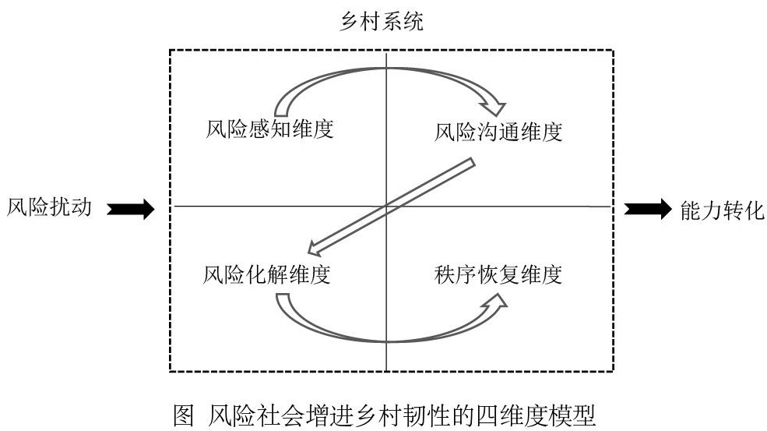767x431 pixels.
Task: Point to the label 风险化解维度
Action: point(267,274)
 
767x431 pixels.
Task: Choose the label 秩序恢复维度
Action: point(498,274)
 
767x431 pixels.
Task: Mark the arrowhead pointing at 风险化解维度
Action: point(315,249)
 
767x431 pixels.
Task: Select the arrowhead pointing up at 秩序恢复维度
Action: point(496,305)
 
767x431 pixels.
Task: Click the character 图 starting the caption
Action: point(182,414)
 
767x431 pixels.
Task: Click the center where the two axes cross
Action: point(386,207)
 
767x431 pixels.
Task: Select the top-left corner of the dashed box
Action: point(170,51)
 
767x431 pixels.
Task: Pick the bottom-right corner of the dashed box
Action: point(614,371)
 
